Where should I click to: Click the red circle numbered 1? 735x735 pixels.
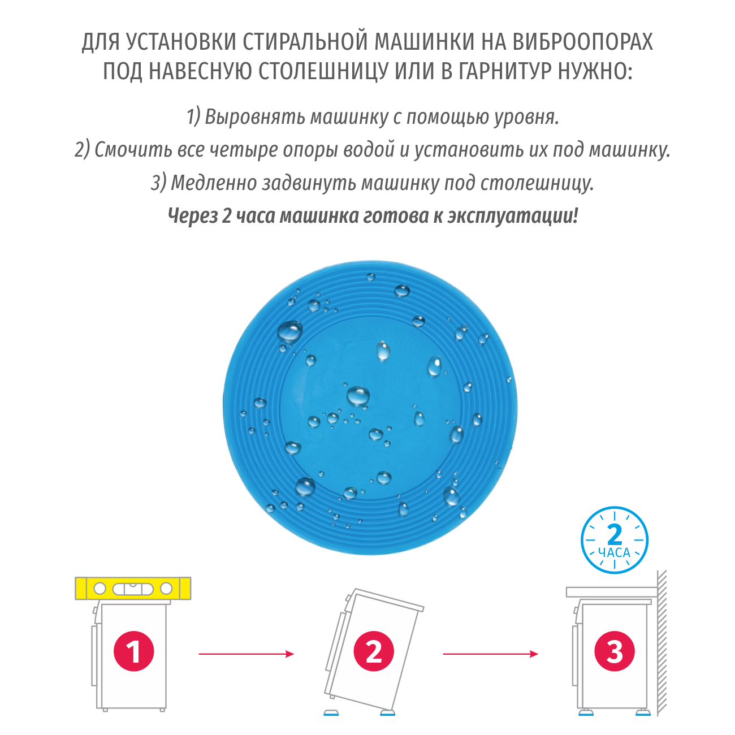133,651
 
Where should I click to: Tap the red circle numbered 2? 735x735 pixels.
374,651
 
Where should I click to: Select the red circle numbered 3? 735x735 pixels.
615,651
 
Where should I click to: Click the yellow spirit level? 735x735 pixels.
133,589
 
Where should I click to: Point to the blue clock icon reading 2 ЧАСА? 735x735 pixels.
614,541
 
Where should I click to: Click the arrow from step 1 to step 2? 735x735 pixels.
246,654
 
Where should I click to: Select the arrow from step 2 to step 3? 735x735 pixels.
490,654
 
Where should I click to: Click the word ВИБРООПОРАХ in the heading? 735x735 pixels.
583,42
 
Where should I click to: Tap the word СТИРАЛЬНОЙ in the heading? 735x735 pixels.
302,42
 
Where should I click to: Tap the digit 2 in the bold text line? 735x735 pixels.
226,216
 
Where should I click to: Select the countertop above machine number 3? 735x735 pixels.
611,592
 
